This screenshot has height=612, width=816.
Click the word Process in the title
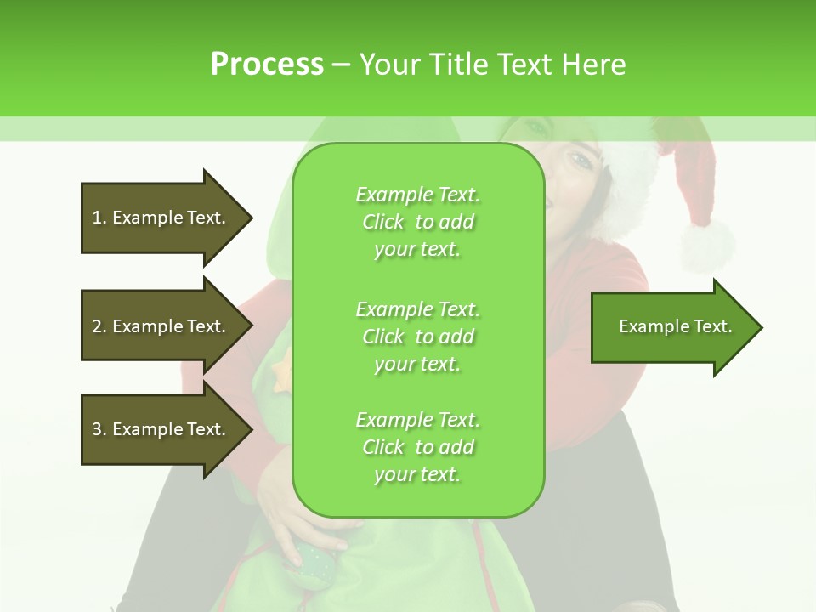[x=267, y=65]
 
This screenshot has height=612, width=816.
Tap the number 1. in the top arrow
[x=99, y=218]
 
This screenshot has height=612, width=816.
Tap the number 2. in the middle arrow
[x=99, y=326]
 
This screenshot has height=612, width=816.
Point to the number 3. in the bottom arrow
[x=99, y=429]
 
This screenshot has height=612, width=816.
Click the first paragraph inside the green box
[x=417, y=222]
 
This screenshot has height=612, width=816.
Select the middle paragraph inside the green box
[x=417, y=337]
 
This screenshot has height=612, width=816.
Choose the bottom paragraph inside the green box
[x=417, y=447]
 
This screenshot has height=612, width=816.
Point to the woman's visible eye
[x=581, y=161]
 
